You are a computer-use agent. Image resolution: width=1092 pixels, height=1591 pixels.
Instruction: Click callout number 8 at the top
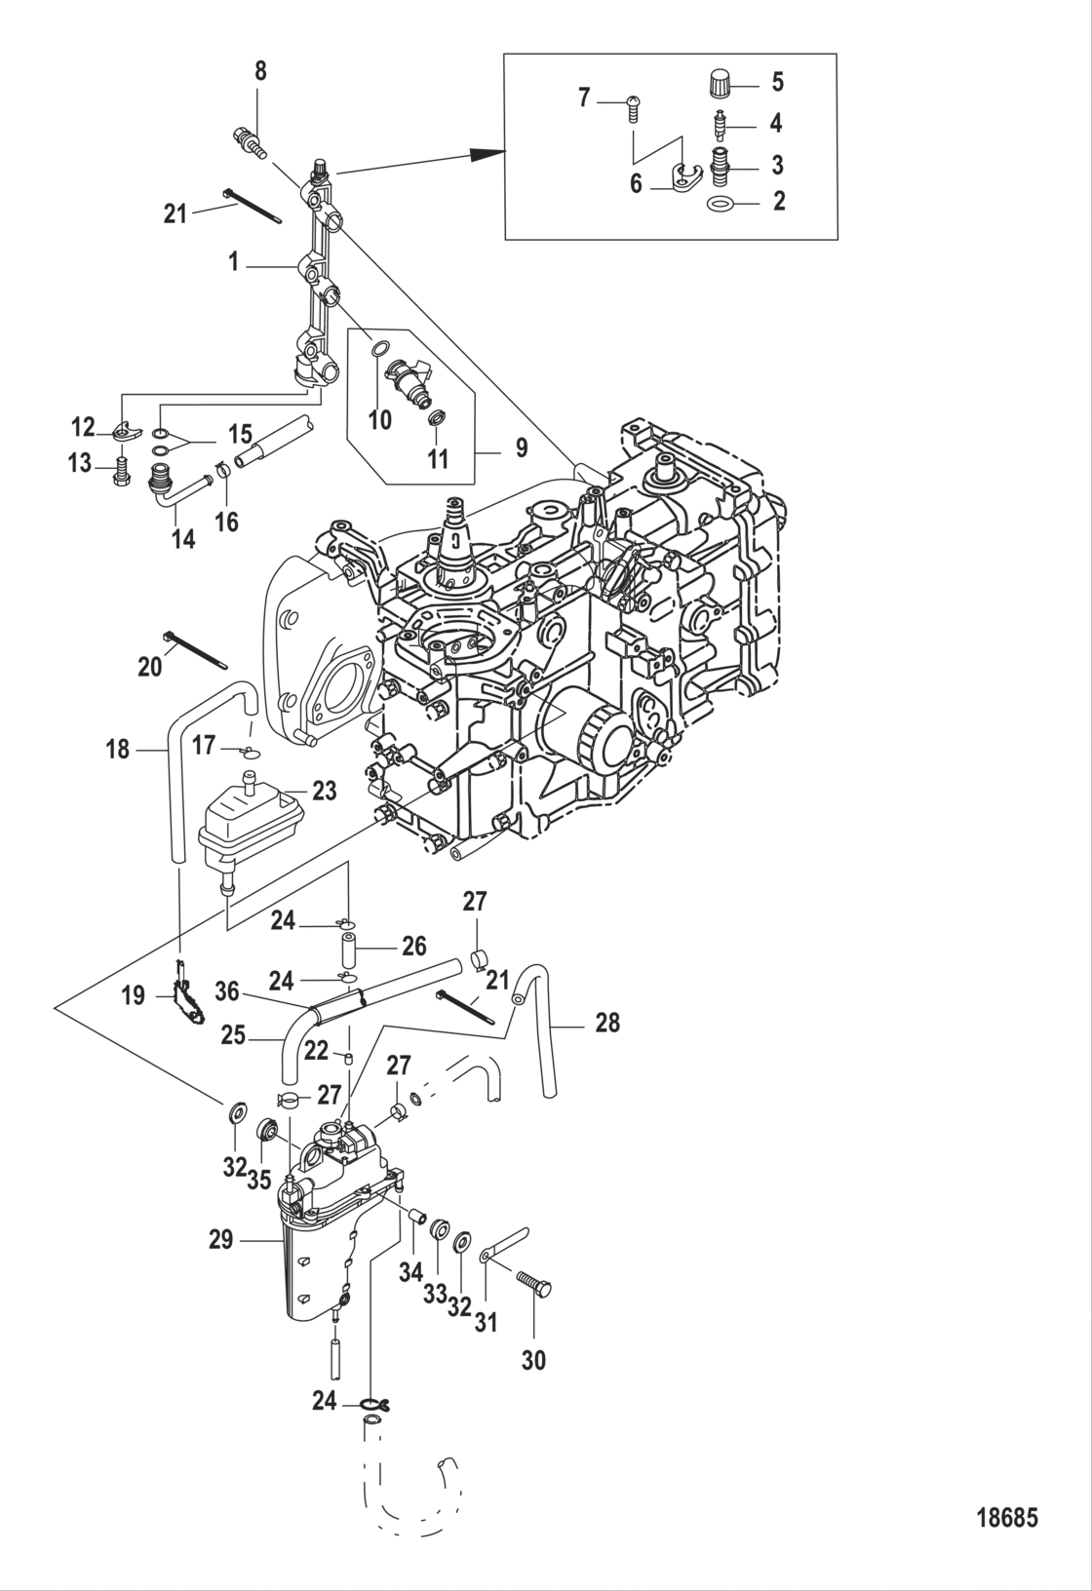(259, 71)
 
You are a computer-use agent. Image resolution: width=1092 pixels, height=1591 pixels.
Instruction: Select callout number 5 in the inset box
(777, 82)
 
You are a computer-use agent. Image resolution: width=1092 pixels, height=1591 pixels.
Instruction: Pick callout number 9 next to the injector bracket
(521, 447)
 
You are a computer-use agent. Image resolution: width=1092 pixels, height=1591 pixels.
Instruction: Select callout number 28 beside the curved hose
(607, 1023)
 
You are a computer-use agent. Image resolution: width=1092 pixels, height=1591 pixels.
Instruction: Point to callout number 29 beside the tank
(221, 1240)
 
